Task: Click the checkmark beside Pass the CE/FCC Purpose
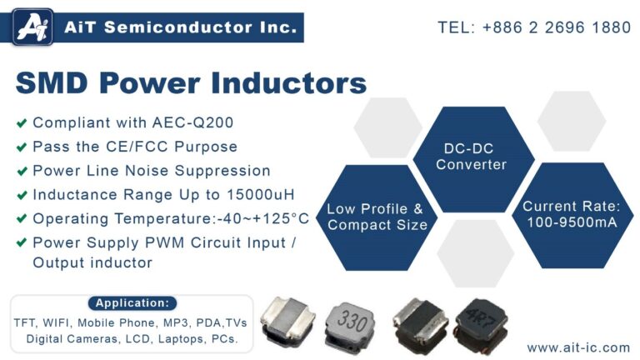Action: click(21, 147)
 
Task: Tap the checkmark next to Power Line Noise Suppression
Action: click(21, 172)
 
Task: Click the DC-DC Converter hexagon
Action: click(472, 157)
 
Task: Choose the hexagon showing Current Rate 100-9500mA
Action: click(571, 215)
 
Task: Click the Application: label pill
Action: click(132, 303)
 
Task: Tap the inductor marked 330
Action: click(354, 322)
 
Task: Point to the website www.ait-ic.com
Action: click(578, 347)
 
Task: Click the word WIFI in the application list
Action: click(57, 322)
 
